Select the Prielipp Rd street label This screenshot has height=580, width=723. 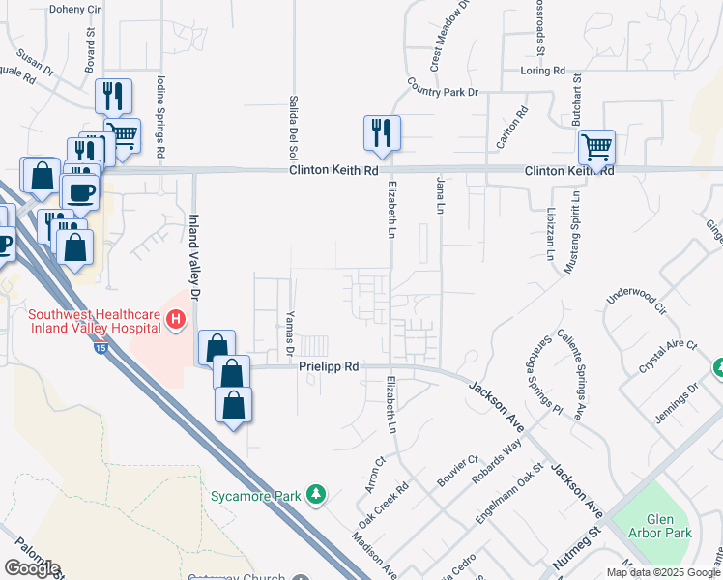pyautogui.click(x=329, y=367)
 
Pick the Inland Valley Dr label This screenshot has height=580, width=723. pyautogui.click(x=196, y=255)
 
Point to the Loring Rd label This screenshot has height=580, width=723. pyautogui.click(x=542, y=71)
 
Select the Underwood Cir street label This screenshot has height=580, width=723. pyautogui.click(x=636, y=301)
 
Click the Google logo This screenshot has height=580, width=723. pyautogui.click(x=32, y=568)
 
